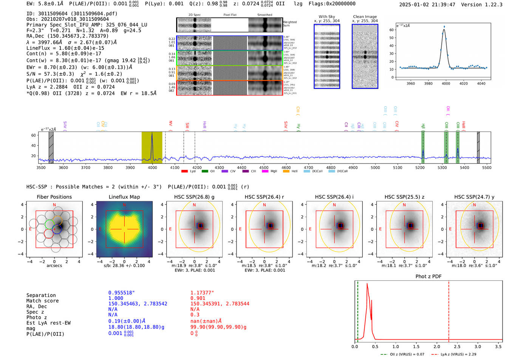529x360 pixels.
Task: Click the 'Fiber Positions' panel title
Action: click(54, 197)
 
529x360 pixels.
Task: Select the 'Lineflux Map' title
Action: click(124, 197)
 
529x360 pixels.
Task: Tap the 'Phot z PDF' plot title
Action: click(428, 277)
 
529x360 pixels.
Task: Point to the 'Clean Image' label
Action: click(365, 17)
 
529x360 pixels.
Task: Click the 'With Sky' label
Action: click(326, 17)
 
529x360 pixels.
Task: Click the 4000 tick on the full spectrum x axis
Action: click(152, 168)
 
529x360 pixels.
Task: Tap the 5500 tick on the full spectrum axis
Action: click(486, 168)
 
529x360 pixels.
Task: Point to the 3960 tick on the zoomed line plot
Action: click(410, 83)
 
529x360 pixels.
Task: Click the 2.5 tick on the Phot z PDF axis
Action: click(457, 346)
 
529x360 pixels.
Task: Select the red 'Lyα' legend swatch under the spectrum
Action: click(184, 172)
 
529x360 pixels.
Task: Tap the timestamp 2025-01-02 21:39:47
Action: click(427, 5)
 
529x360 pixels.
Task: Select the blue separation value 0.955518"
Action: click(121, 293)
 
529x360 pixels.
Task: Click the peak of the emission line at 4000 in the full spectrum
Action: click(152, 133)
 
